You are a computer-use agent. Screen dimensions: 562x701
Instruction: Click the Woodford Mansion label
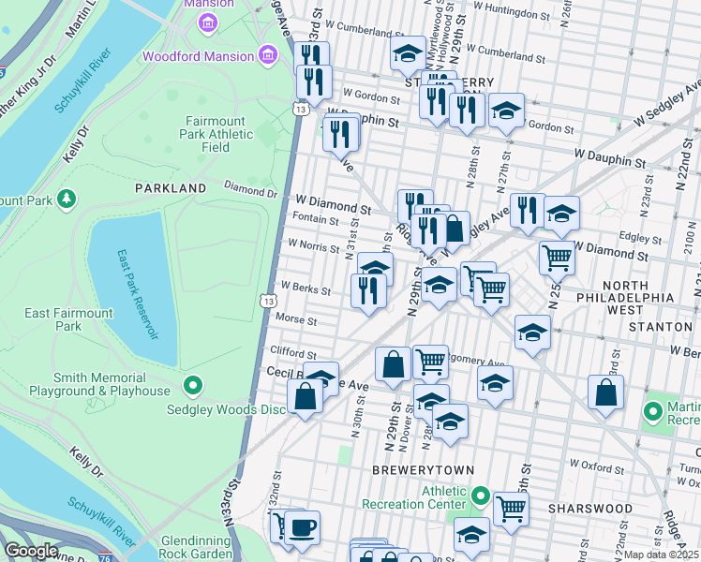pyautogui.click(x=198, y=56)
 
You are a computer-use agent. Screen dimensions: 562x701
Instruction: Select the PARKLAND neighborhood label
pyautogui.click(x=170, y=188)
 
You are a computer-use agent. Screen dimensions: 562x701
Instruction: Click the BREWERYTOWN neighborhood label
pyautogui.click(x=422, y=469)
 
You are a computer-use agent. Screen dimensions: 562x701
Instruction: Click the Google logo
pyautogui.click(x=31, y=551)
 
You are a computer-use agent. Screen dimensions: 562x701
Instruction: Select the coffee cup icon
pyautogui.click(x=302, y=527)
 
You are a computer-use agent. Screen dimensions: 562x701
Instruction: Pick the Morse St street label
pyautogui.click(x=298, y=320)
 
